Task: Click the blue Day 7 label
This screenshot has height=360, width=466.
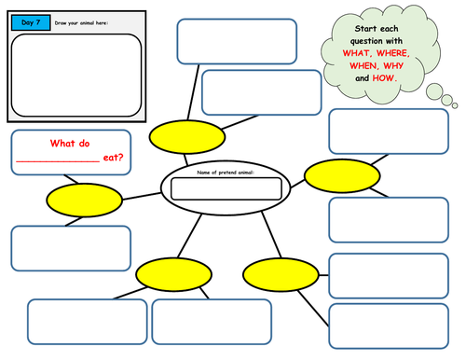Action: (x=28, y=20)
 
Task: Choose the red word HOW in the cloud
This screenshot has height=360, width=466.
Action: (x=383, y=78)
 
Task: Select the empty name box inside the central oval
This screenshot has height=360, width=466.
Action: (x=225, y=189)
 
